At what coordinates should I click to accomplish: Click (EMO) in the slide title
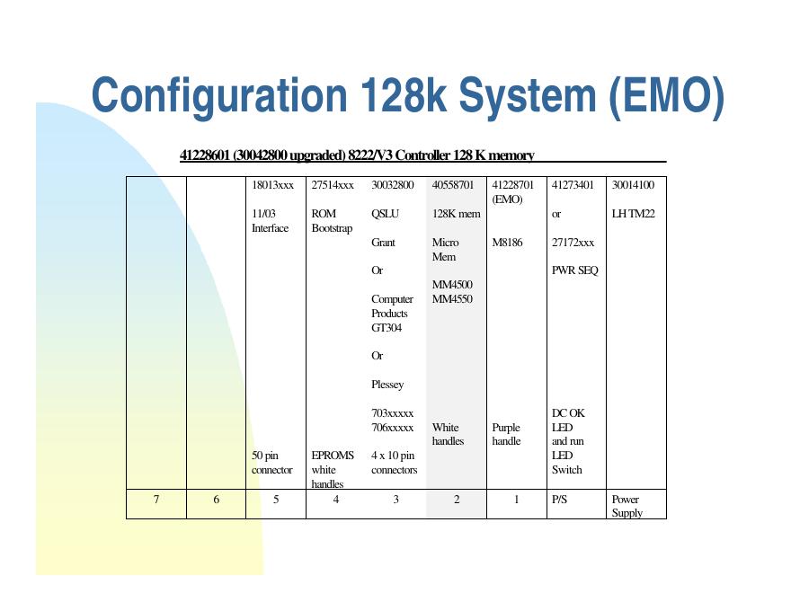pos(665,95)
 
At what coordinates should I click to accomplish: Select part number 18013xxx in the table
pos(272,185)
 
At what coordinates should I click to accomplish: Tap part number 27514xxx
pos(332,185)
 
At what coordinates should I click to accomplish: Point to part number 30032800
pos(392,185)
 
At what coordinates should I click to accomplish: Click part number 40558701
pos(452,185)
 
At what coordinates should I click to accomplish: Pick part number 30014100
pos(633,185)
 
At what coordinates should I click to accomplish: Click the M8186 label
pos(509,243)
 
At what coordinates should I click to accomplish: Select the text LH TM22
pos(633,214)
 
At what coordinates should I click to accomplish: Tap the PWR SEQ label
pos(574,270)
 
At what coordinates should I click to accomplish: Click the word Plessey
pos(387,385)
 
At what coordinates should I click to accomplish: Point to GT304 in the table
pos(387,328)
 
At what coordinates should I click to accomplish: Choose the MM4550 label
pos(452,299)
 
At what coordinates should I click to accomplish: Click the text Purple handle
pos(507,435)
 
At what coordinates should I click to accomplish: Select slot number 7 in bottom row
pos(156,500)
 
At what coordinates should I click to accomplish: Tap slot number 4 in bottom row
pos(336,500)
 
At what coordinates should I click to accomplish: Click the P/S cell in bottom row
pos(559,500)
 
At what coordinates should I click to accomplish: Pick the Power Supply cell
pos(627,506)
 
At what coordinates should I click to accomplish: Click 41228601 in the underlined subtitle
pos(206,155)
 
